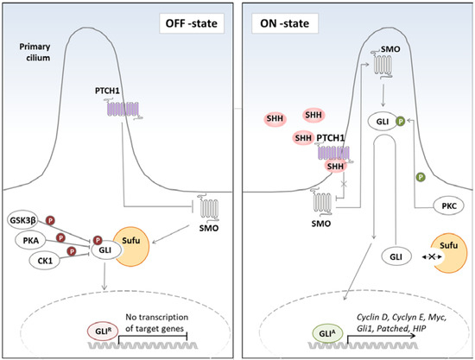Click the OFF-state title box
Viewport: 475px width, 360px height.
[193, 19]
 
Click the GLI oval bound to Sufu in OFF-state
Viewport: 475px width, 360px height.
[105, 244]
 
